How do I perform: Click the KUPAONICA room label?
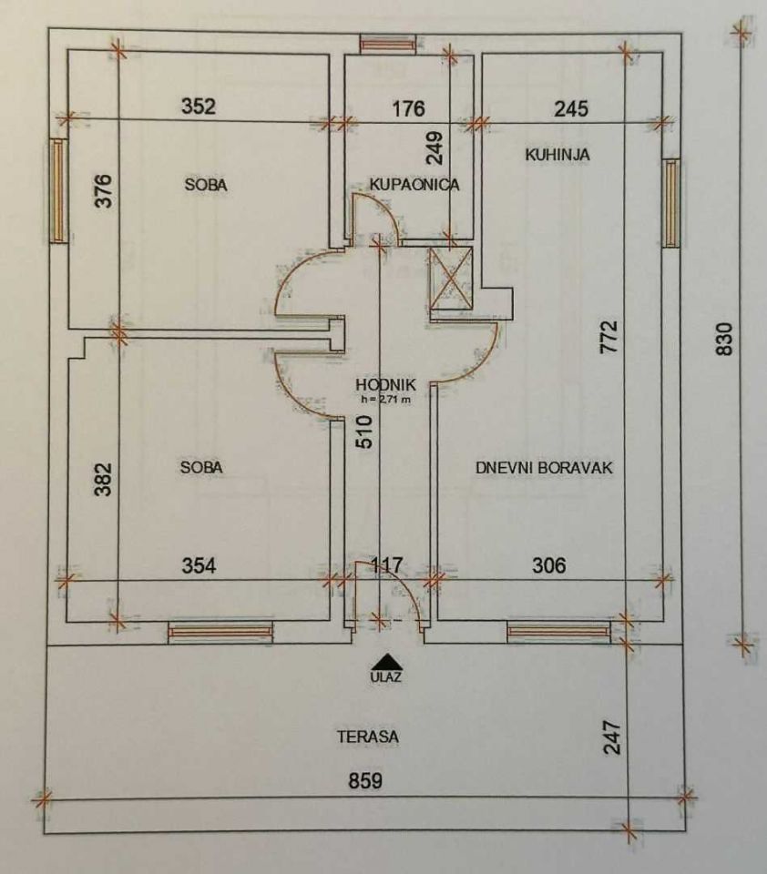[x=414, y=184]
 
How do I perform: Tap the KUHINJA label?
[x=557, y=155]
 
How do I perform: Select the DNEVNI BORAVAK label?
[x=544, y=467]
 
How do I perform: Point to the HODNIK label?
[x=386, y=384]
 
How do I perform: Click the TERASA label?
[x=368, y=737]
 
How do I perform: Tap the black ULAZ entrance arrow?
[x=386, y=661]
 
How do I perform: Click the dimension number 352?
[x=199, y=106]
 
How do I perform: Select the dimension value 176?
[x=408, y=108]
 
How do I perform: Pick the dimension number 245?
[x=571, y=108]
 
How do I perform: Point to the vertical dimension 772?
[x=609, y=336]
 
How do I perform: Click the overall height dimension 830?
[x=724, y=339]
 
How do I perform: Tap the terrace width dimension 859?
[x=365, y=781]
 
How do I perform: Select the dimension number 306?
[x=549, y=565]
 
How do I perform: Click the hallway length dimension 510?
[x=364, y=432]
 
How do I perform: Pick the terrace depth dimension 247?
[x=612, y=737]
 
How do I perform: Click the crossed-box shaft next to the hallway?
[x=451, y=278]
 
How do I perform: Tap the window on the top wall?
[x=388, y=44]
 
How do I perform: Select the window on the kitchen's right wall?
[x=671, y=203]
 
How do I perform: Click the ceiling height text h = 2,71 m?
[x=386, y=399]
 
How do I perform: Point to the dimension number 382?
[x=103, y=479]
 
